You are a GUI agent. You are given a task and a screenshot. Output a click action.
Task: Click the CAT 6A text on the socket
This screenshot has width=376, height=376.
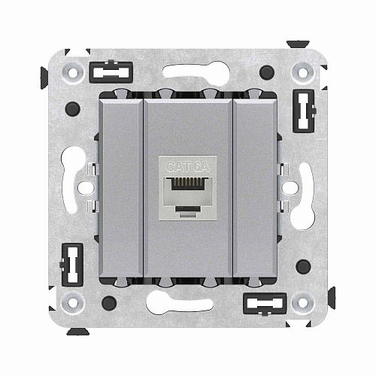click(187, 166)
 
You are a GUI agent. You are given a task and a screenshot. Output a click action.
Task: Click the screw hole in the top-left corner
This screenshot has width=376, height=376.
click(73, 73)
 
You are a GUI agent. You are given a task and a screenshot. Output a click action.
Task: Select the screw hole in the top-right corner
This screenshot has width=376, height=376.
click(303, 73)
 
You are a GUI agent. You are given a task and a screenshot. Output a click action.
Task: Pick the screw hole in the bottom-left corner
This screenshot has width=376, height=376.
click(73, 303)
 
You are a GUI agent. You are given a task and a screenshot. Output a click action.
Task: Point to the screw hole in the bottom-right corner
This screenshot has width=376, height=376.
click(303, 303)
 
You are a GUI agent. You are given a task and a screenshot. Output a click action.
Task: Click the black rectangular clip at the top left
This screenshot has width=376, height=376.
click(111, 72)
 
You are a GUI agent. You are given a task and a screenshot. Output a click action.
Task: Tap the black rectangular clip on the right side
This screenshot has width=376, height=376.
click(304, 111)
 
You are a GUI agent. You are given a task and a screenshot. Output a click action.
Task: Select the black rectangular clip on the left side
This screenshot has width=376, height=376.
click(72, 265)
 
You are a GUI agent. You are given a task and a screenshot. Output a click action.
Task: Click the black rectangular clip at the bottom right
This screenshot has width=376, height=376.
click(265, 304)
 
